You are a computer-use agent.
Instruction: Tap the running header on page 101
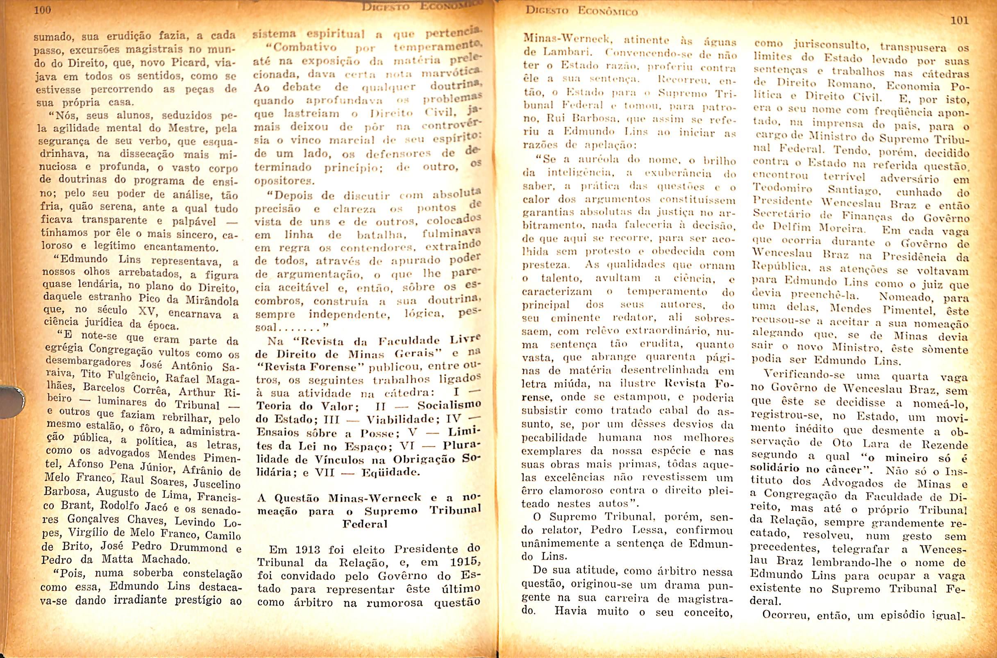[x=581, y=11]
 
